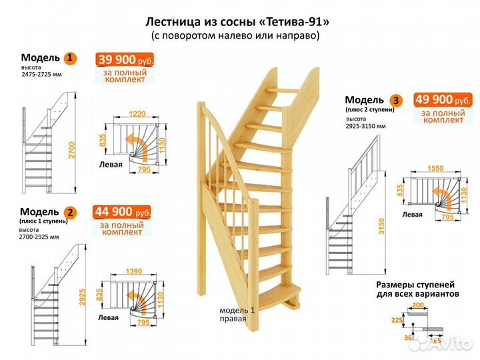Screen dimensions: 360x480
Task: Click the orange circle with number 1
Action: tap(71, 58)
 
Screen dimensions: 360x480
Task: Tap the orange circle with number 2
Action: tap(71, 213)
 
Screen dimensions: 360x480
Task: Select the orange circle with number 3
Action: tap(397, 101)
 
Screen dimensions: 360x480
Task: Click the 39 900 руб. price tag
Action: tap(126, 60)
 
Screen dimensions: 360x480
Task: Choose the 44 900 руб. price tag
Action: tap(123, 213)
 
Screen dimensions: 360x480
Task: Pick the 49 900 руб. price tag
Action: tap(443, 100)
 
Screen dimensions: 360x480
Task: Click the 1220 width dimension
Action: tap(139, 114)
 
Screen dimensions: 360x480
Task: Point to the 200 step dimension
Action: tap(418, 305)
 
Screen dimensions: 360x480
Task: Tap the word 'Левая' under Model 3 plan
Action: tap(413, 215)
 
